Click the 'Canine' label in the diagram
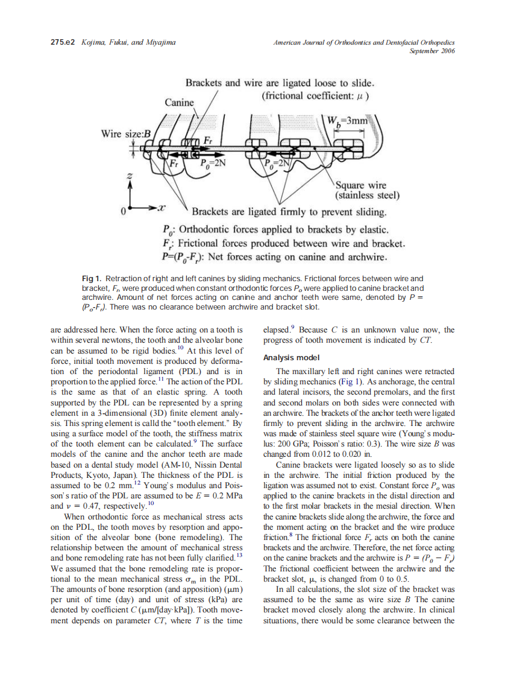point(180,103)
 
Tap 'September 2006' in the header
point(431,51)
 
